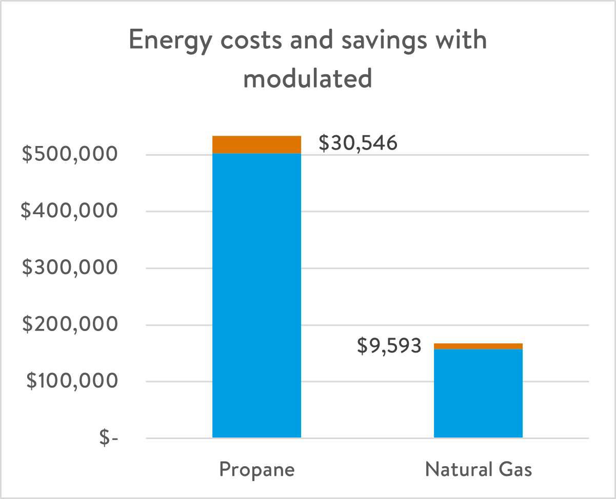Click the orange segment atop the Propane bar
point(256,144)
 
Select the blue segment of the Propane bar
point(256,295)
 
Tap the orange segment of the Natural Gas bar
point(478,346)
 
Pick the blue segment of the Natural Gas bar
point(478,393)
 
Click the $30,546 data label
point(358,143)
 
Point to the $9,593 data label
point(389,346)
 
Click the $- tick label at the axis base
point(109,439)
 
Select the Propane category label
point(257,470)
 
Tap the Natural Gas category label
point(479,470)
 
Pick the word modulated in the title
point(308,79)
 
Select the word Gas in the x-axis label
point(514,469)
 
